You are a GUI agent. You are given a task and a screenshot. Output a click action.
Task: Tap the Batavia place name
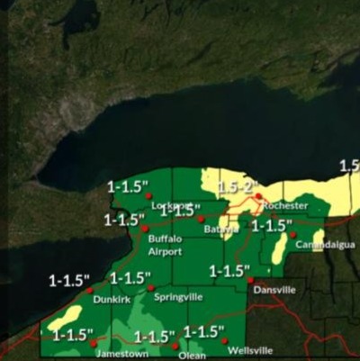[220, 230]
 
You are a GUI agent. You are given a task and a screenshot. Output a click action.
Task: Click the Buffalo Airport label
[165, 245]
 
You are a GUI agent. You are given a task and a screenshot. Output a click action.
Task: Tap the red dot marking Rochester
[258, 196]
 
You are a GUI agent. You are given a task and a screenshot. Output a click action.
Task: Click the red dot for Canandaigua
[292, 235]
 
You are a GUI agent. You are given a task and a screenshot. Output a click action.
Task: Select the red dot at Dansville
[250, 281]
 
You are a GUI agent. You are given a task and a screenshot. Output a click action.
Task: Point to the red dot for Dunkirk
[89, 290]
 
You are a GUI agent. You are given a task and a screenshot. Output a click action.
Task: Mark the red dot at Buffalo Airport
[145, 229]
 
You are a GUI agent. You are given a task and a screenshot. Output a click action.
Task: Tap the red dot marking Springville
[151, 288]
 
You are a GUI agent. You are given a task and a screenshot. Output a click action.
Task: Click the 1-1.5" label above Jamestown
[73, 335]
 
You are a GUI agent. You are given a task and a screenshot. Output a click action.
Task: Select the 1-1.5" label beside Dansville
[229, 270]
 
